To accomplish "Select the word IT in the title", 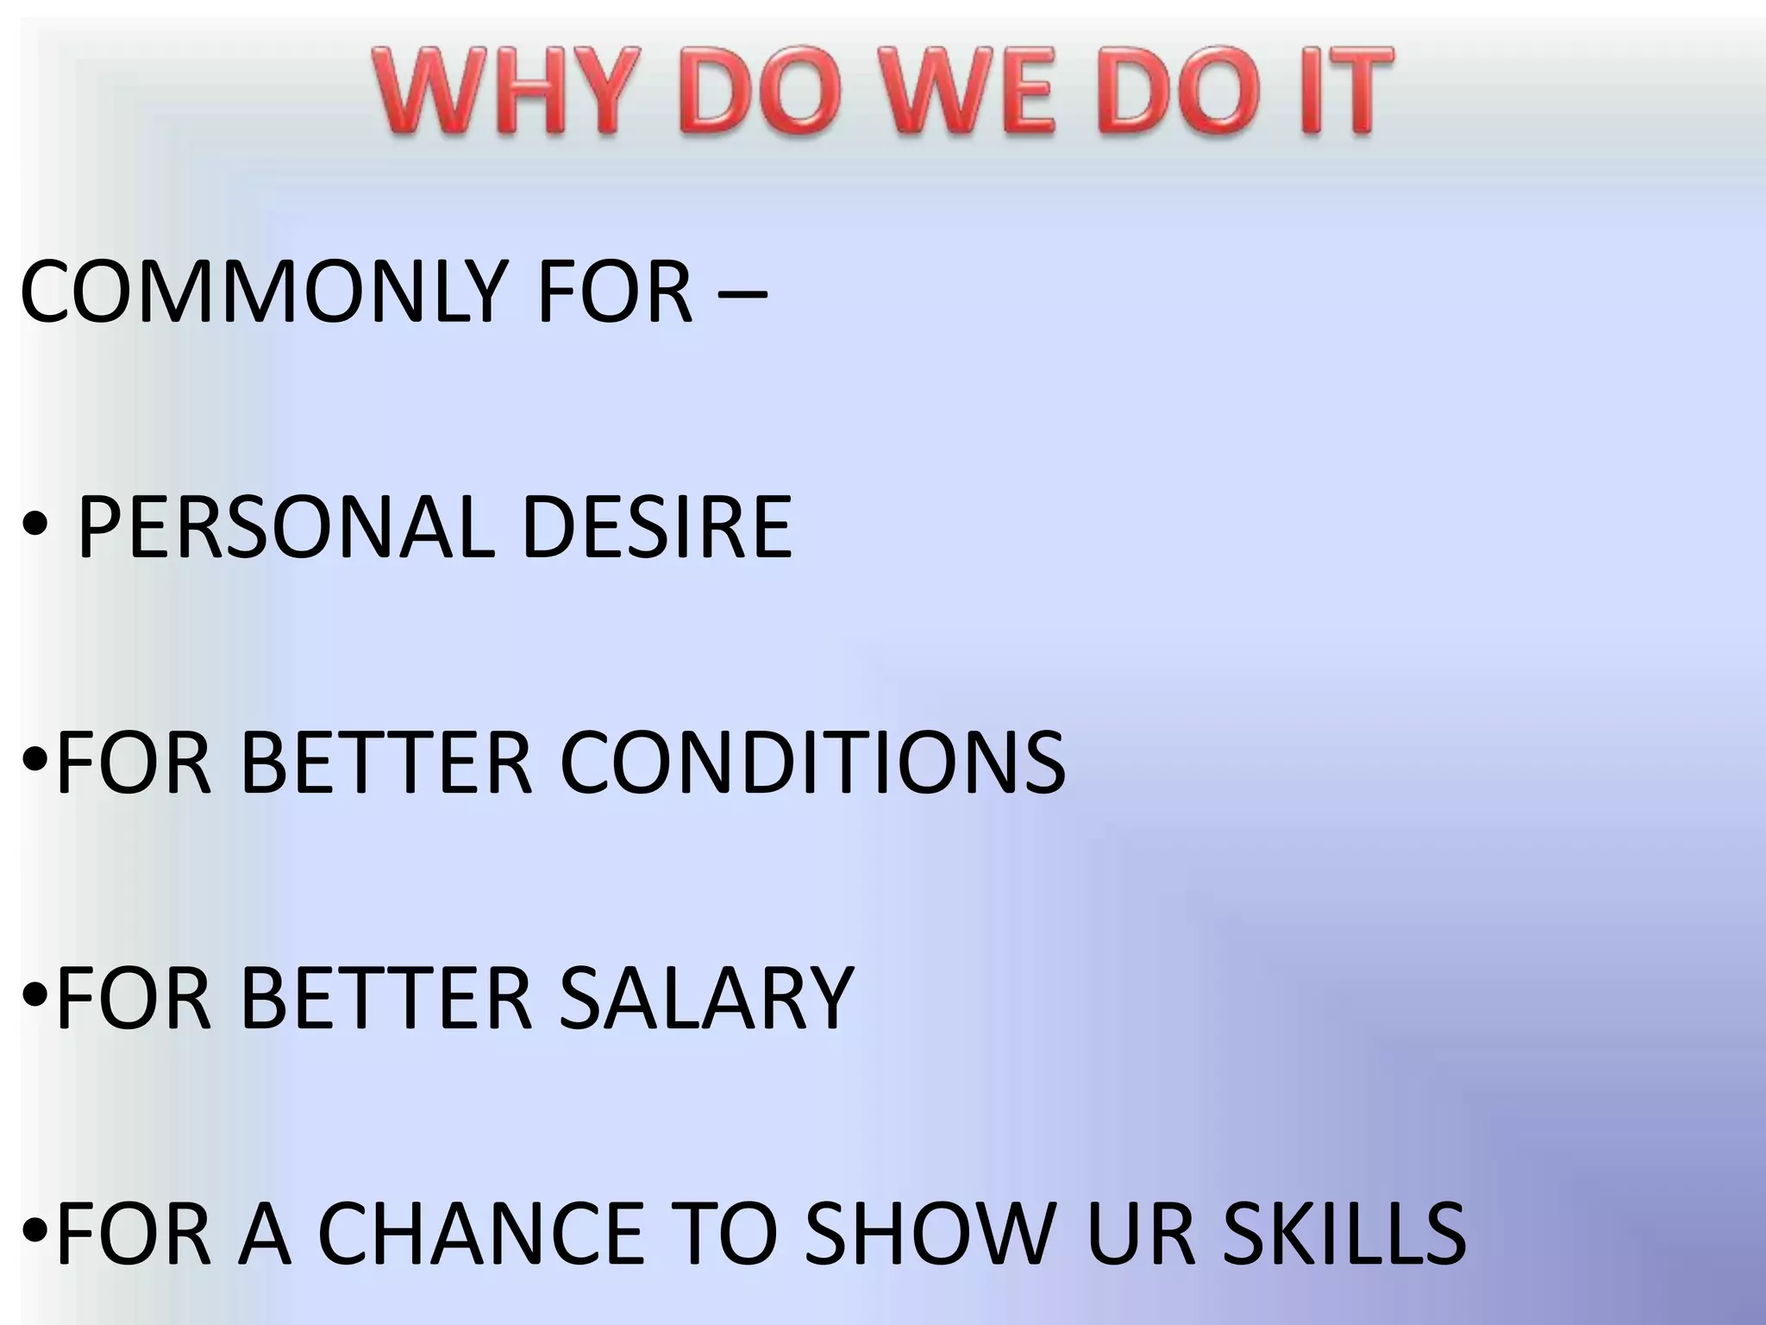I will click(x=1340, y=92).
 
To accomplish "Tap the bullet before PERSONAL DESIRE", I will click(x=35, y=528).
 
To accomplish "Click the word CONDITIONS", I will click(x=812, y=763).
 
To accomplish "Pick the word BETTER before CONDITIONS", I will click(x=386, y=763).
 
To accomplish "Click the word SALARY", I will click(x=706, y=998).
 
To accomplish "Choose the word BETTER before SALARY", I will click(x=386, y=998).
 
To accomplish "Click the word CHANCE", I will click(x=483, y=1234).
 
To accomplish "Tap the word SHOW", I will click(x=931, y=1234).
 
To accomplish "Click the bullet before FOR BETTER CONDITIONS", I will click(x=35, y=761).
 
